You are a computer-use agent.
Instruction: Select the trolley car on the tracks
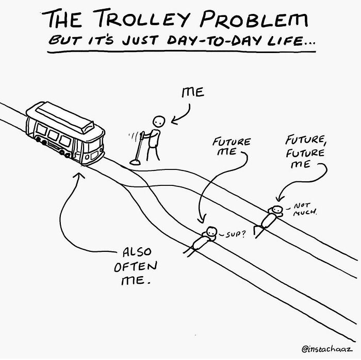pos(65,133)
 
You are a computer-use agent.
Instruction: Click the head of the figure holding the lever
pos(160,122)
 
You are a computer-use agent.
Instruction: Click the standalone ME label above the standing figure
pos(192,93)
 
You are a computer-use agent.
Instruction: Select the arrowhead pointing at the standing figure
pos(174,122)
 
